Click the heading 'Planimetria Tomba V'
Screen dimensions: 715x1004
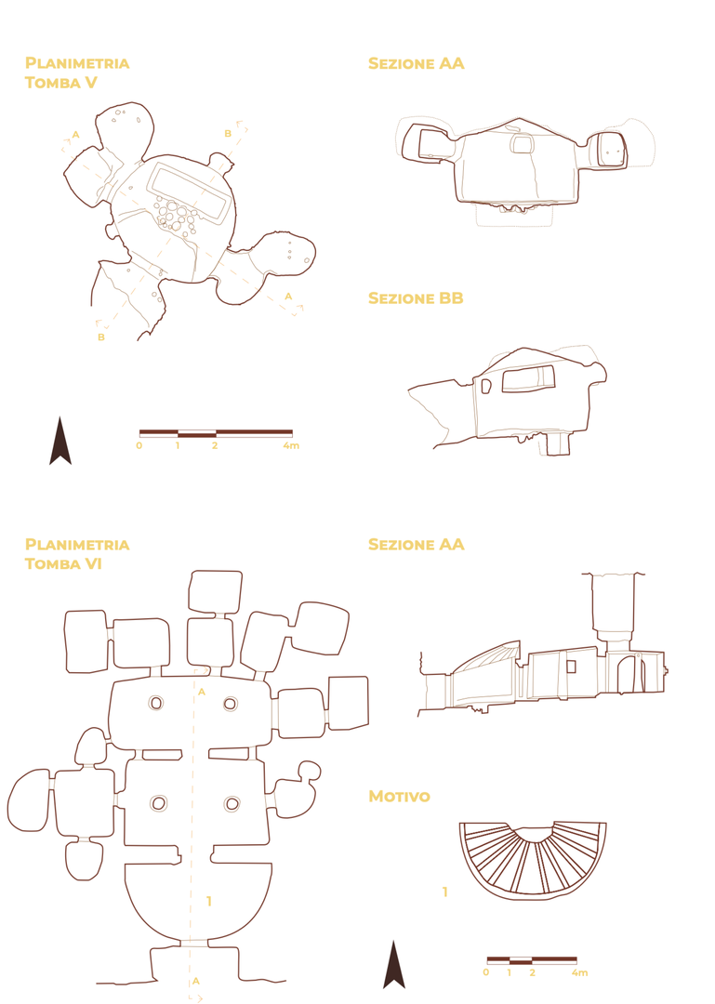pyautogui.click(x=77, y=73)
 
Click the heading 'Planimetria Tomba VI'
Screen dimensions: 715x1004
pyautogui.click(x=77, y=554)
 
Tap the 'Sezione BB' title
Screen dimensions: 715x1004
pyautogui.click(x=416, y=298)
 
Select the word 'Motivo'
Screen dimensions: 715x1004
pyautogui.click(x=399, y=797)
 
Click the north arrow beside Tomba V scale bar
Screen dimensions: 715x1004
pyautogui.click(x=60, y=441)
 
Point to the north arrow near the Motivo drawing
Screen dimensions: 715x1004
pyautogui.click(x=394, y=964)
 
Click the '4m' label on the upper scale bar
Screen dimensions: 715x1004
pyautogui.click(x=291, y=445)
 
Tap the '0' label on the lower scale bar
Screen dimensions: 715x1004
pyautogui.click(x=485, y=972)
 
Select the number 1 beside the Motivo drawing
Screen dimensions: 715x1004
pyautogui.click(x=444, y=892)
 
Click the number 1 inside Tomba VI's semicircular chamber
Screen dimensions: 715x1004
pyautogui.click(x=209, y=902)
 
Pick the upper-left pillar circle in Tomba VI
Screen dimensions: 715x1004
pyautogui.click(x=155, y=703)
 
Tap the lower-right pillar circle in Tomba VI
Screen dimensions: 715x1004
pyautogui.click(x=232, y=803)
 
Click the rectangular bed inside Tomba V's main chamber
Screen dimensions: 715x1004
pyautogui.click(x=189, y=192)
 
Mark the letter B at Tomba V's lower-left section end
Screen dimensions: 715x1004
pyautogui.click(x=101, y=337)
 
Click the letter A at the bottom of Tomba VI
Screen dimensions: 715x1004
pyautogui.click(x=196, y=981)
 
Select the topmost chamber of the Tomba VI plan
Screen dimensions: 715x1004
pyautogui.click(x=216, y=591)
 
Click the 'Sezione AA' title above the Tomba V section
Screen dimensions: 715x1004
pyautogui.click(x=416, y=63)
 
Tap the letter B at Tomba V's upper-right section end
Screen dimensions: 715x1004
pyautogui.click(x=228, y=134)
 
